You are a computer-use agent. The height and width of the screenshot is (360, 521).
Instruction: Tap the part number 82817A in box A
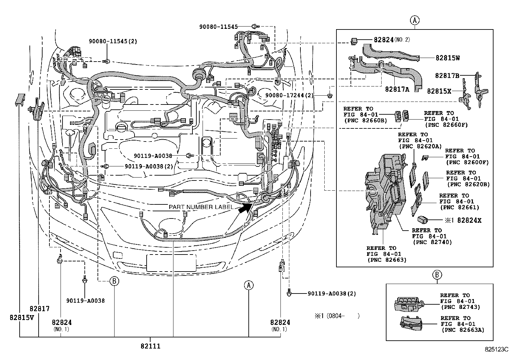[397, 89]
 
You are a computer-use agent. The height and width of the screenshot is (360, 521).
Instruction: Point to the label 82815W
[447, 58]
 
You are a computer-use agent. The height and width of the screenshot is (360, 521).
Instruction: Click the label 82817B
[447, 75]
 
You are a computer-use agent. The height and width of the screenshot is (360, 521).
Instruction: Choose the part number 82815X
[439, 91]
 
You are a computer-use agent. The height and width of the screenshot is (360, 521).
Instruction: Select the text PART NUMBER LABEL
[201, 207]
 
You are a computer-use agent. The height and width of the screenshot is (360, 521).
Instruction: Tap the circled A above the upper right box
[414, 20]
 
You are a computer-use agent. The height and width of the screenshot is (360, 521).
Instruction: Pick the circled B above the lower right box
[437, 275]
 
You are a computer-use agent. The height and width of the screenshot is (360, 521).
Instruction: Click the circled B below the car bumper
[114, 281]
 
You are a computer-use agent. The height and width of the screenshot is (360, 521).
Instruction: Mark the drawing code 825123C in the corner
[496, 350]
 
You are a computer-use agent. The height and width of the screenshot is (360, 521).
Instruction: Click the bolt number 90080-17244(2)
[289, 95]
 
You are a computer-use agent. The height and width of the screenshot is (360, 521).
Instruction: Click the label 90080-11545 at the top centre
[218, 27]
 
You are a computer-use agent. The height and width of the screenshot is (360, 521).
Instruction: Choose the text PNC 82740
[432, 242]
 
